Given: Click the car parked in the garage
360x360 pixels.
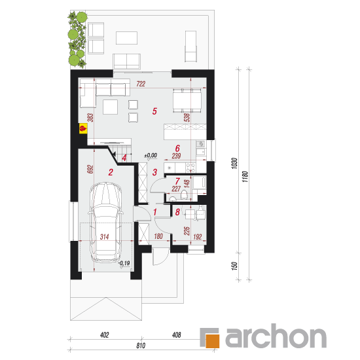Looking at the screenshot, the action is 105,222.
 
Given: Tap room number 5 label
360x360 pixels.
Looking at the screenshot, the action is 154,111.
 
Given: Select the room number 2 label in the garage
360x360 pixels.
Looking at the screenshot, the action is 111,172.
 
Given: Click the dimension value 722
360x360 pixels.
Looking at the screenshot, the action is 141,84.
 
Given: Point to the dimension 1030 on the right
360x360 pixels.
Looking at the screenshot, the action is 234,164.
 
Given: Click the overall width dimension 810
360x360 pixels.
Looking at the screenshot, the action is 141,346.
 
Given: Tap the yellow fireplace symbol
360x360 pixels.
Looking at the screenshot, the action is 83,128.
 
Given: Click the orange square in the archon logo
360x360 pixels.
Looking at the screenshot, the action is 213,341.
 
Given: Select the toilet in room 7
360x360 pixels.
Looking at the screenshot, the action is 185,194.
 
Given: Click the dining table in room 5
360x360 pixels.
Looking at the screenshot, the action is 187,101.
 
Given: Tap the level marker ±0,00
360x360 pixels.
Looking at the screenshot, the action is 151,155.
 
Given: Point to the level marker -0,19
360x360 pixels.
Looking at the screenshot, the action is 124,263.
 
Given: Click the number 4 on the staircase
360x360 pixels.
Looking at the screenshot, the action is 124,158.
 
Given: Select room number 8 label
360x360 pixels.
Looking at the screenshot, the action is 177,212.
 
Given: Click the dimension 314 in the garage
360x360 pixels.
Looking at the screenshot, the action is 104,237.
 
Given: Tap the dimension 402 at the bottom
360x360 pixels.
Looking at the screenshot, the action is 105,335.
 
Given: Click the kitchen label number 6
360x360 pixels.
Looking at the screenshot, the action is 177,149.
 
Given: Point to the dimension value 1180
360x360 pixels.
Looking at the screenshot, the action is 245,177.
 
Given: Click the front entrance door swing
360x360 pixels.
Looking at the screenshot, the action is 162,257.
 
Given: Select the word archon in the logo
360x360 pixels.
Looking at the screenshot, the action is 276,336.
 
